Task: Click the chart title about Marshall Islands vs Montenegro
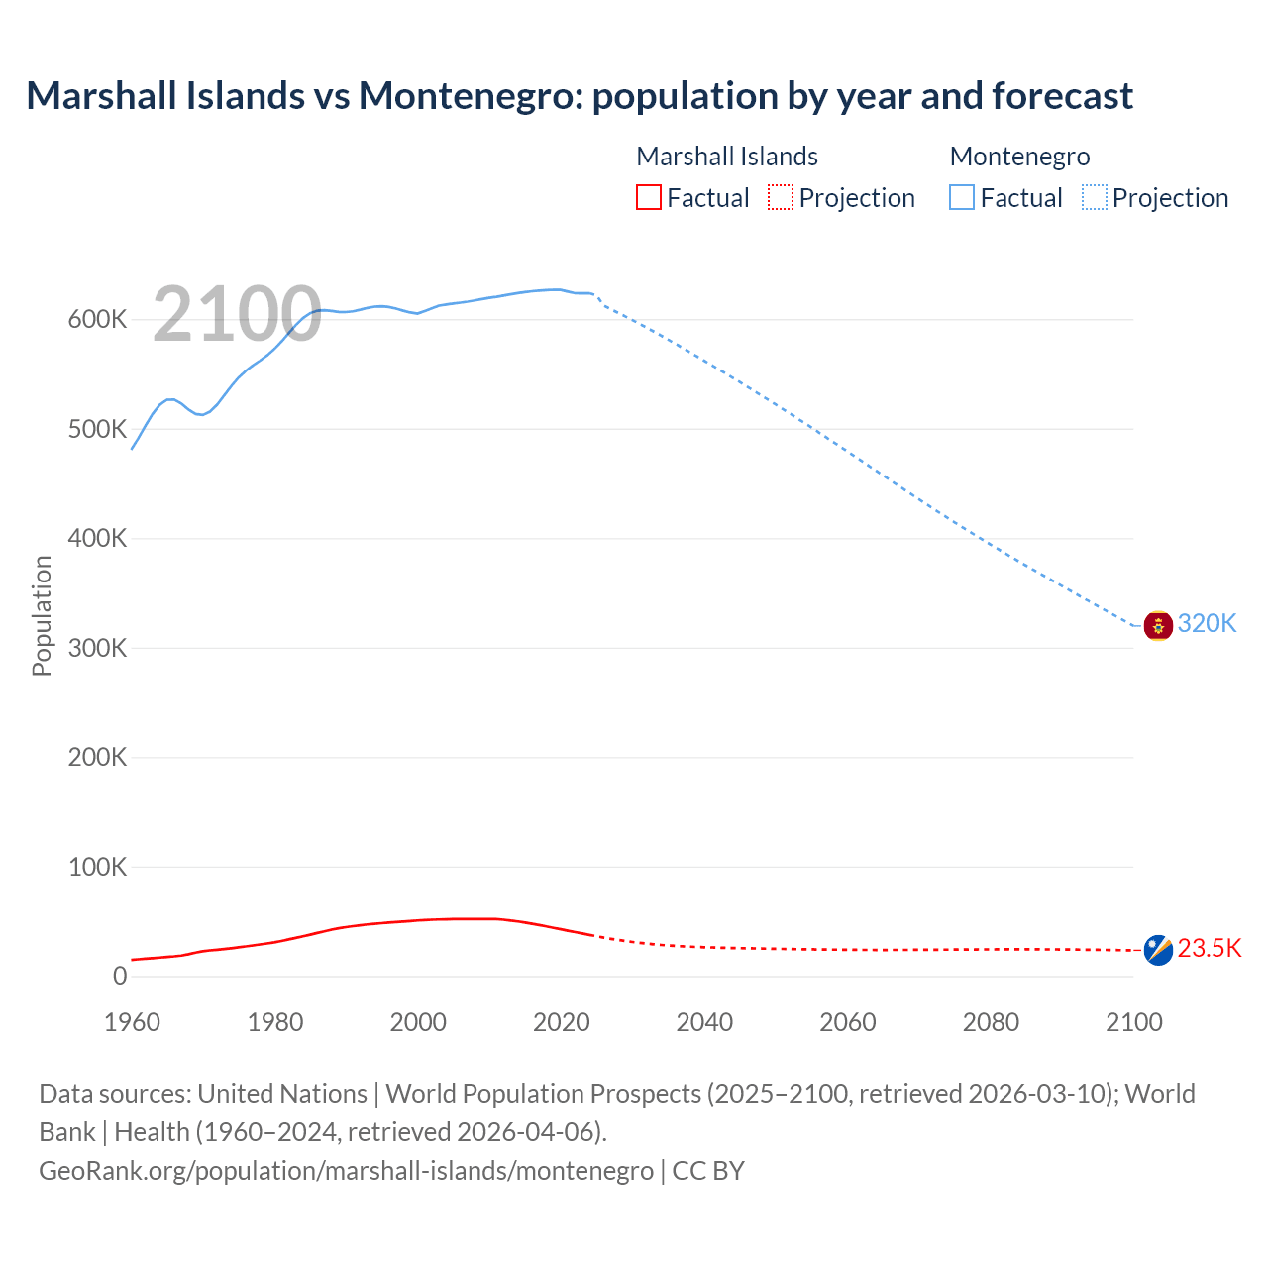click(x=580, y=96)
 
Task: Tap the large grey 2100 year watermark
click(x=237, y=315)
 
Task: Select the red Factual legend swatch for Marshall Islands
click(x=648, y=197)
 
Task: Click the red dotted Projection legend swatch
click(x=781, y=197)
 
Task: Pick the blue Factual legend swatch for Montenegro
click(x=961, y=197)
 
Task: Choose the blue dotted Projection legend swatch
click(x=1094, y=197)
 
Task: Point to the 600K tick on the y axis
click(x=98, y=320)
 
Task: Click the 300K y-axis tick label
click(x=98, y=648)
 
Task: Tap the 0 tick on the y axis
click(x=120, y=976)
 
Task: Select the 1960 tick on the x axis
click(x=132, y=1022)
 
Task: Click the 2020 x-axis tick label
click(x=561, y=1022)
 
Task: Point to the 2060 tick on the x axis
click(x=847, y=1022)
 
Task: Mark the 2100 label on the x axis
click(x=1133, y=1022)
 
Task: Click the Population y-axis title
click(x=42, y=615)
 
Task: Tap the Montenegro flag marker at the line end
click(x=1158, y=626)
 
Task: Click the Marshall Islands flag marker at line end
click(x=1158, y=950)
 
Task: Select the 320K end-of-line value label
click(x=1207, y=623)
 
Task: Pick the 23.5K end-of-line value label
click(x=1209, y=948)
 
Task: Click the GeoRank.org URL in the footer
click(x=346, y=1170)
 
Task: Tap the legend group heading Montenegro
click(x=1019, y=157)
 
